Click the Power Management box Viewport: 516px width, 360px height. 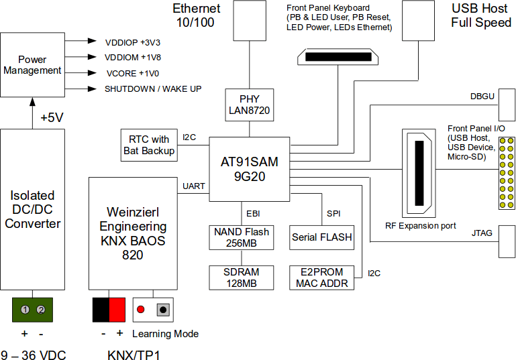(32, 64)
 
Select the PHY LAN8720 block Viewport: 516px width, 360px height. (249, 105)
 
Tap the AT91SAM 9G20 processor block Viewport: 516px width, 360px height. (249, 169)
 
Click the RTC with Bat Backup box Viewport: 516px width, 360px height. (149, 145)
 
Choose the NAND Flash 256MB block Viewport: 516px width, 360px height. (241, 237)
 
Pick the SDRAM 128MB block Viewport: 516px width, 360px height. (241, 278)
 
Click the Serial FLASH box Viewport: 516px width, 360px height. (321, 237)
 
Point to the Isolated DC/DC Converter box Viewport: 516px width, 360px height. (33, 209)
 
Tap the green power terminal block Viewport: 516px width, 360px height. (33, 310)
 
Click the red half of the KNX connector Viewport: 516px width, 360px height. (117, 310)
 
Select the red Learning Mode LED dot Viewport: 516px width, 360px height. (141, 310)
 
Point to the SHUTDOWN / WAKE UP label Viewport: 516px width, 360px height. (152, 88)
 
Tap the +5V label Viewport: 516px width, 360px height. (52, 118)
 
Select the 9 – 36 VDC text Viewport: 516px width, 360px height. (33, 354)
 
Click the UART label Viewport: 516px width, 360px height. (194, 186)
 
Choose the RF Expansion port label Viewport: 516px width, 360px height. (421, 226)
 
